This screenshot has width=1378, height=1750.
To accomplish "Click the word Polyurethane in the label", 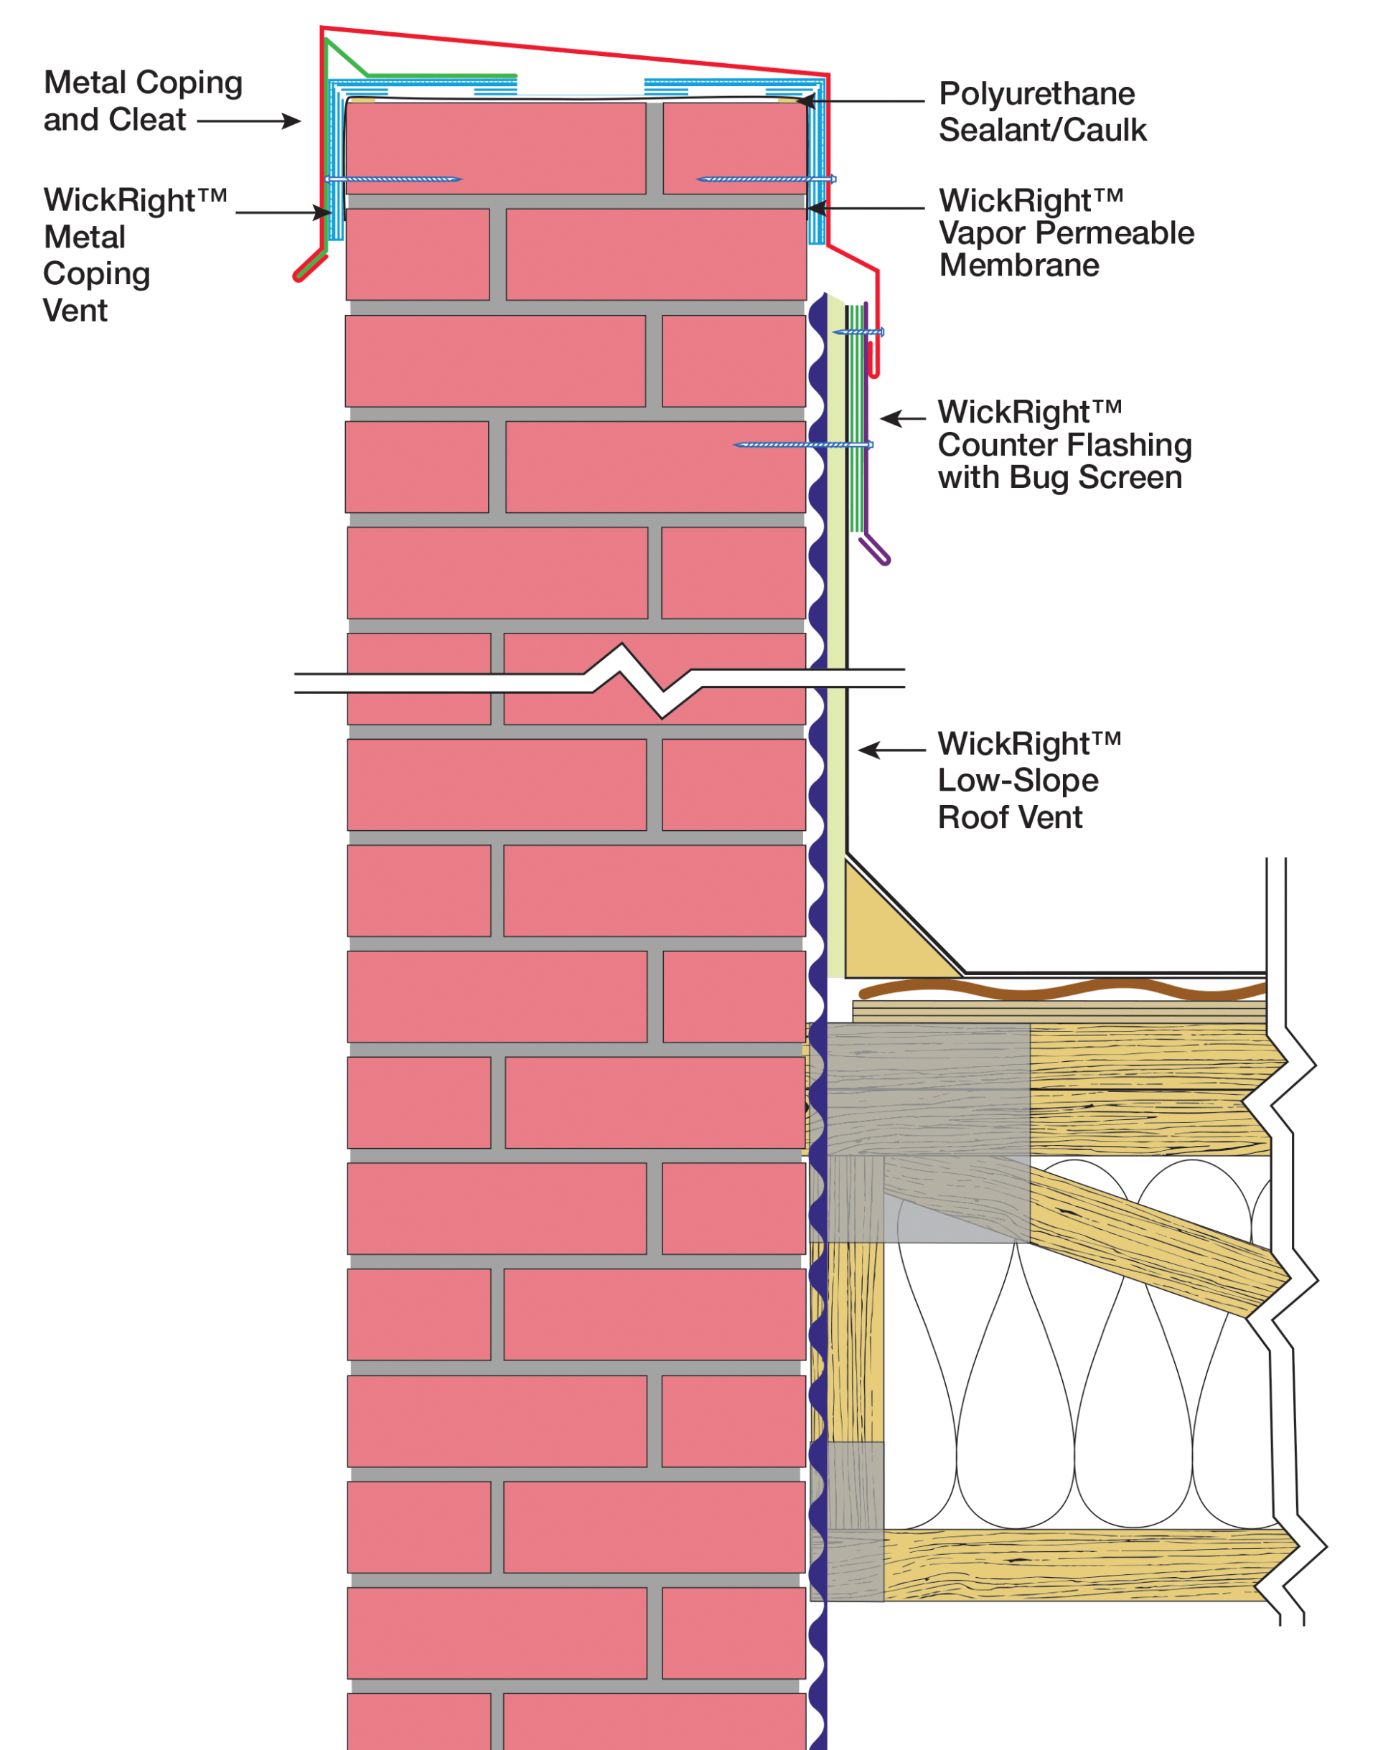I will tap(1036, 95).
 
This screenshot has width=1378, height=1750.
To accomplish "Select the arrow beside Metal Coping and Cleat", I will tap(249, 121).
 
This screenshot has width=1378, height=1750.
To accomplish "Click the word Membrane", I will tap(1019, 265).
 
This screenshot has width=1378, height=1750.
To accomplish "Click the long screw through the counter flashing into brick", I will tap(803, 444).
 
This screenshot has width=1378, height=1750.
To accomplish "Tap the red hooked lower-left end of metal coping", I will tap(309, 266).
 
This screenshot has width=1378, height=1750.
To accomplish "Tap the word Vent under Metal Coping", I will tap(75, 311).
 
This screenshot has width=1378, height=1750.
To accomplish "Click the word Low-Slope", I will tap(1018, 781).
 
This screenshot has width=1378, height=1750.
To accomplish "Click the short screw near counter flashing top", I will tap(858, 331).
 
